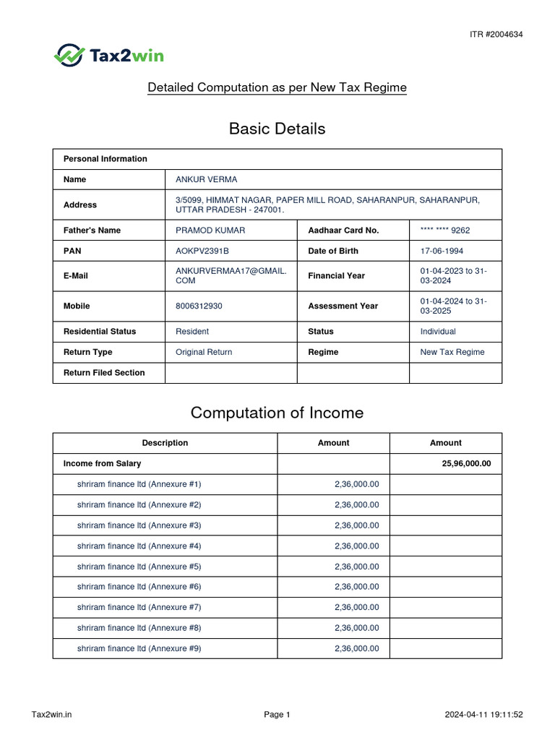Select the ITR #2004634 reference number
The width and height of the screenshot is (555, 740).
pos(496,34)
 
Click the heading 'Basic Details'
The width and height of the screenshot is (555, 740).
pos(277,129)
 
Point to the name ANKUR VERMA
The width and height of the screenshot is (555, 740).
pos(206,179)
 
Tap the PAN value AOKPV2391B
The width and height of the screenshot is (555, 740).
pos(202,251)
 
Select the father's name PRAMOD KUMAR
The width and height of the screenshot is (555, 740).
pos(210,231)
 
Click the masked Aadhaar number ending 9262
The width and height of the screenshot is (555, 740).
pos(445,231)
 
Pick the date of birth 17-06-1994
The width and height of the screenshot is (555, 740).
pos(442,251)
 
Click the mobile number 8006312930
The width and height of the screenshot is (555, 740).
pos(199,306)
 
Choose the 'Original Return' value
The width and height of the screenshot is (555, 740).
pos(204,352)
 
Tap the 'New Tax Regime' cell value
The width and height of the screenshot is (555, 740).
pos(452,352)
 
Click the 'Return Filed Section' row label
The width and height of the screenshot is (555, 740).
pos(104,373)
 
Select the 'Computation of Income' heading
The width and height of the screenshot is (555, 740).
pos(277,413)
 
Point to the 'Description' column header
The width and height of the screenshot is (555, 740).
pos(165,443)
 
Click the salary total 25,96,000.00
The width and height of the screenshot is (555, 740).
pos(466,463)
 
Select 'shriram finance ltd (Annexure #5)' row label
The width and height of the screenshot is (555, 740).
pos(139,567)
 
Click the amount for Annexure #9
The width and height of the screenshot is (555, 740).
pos(356,649)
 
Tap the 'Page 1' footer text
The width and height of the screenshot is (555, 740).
pos(277,715)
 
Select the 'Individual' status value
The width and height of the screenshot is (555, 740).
pos(438,332)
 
